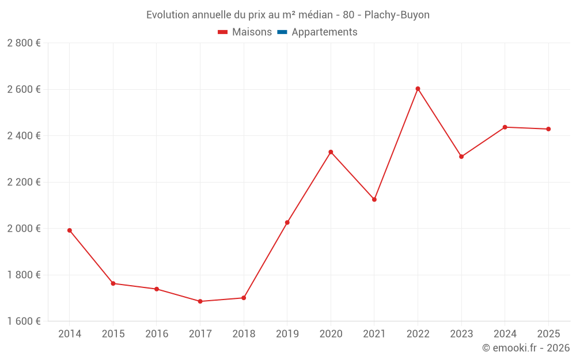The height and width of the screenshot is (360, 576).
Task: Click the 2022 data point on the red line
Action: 418,89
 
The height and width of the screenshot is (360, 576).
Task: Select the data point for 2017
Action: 200,301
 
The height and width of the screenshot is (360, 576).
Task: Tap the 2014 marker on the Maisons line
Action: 70,230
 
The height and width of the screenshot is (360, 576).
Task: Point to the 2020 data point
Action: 331,152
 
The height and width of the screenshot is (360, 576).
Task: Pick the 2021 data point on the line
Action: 374,199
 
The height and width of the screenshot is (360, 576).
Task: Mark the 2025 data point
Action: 548,129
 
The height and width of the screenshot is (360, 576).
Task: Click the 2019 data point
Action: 287,222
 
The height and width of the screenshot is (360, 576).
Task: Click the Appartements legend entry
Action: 324,32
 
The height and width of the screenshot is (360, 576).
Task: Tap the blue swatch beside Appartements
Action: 282,32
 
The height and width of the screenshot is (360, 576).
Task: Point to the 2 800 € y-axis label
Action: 24,43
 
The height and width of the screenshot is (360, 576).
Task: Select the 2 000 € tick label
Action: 24,229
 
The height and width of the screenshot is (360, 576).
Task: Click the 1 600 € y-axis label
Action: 24,321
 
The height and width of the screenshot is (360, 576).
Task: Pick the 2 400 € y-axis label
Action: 24,136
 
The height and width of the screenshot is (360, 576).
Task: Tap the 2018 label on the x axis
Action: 244,334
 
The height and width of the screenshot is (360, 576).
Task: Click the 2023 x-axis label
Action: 461,334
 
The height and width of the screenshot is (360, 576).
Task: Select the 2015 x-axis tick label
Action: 113,334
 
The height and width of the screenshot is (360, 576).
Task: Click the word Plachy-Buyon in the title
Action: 397,15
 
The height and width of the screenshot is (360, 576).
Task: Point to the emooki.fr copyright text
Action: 526,348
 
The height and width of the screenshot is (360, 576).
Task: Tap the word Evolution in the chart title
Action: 168,15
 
